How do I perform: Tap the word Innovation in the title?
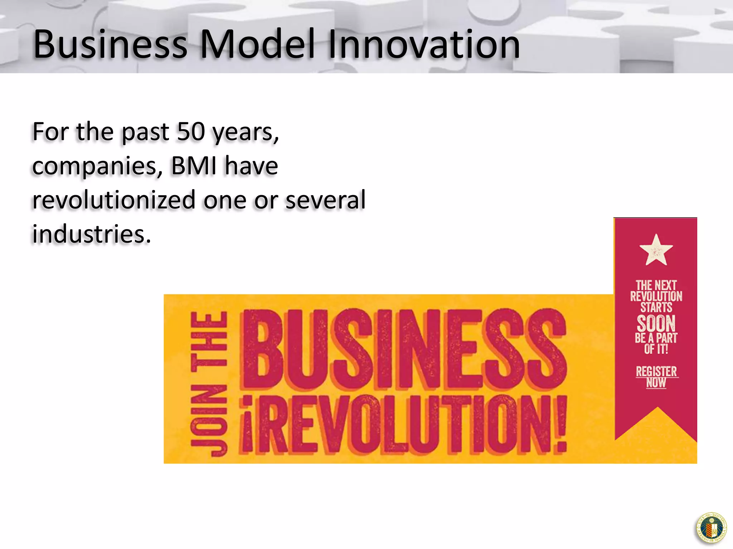tap(424, 45)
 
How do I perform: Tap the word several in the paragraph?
tap(326, 200)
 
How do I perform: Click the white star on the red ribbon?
tap(656, 250)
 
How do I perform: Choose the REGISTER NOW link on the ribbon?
tap(656, 377)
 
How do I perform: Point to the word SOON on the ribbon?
tap(656, 323)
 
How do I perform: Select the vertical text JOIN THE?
tap(209, 384)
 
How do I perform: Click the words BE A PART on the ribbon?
tap(656, 338)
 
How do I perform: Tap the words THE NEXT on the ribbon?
tap(656, 285)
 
